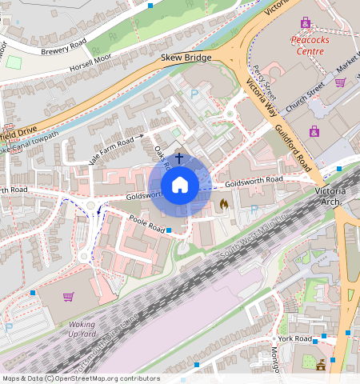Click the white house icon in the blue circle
click(180, 185)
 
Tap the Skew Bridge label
click(186, 58)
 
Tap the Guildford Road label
click(293, 145)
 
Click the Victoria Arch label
click(335, 197)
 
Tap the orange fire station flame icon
click(223, 205)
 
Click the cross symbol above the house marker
click(180, 158)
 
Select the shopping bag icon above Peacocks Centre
click(304, 22)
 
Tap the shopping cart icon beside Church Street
click(340, 82)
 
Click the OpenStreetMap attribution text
click(80, 378)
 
